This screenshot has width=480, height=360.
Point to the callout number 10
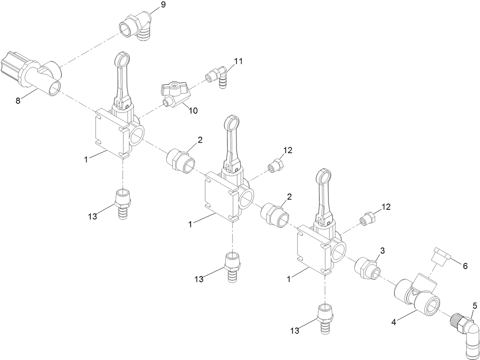pyautogui.click(x=193, y=111)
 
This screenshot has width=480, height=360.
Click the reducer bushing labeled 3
pyautogui.click(x=368, y=267)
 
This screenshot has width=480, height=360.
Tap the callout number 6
pyautogui.click(x=465, y=266)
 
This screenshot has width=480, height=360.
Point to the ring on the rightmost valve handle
pyautogui.click(x=324, y=177)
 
